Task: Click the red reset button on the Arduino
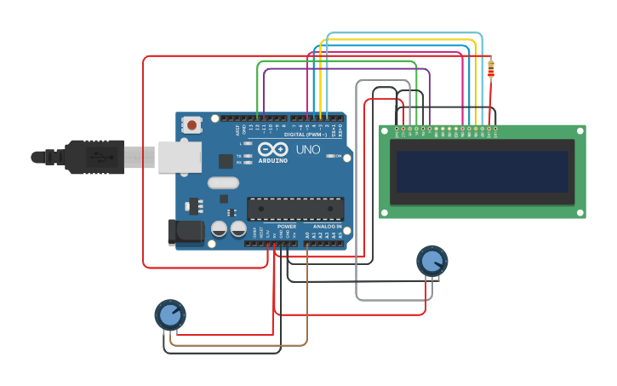click(191, 125)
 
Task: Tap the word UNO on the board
click(308, 150)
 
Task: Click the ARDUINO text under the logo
click(273, 160)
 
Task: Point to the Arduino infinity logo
click(273, 149)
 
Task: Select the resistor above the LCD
click(491, 69)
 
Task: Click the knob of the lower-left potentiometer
click(170, 314)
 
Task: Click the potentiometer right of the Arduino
click(431, 261)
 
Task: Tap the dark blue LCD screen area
click(482, 171)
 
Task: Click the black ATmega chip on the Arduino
click(295, 209)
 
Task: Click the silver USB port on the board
click(180, 157)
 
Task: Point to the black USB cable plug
click(94, 157)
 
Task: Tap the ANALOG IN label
click(327, 227)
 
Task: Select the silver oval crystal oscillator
click(223, 182)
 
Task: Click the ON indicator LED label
click(338, 156)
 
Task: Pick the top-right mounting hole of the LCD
click(580, 130)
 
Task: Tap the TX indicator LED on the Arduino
click(247, 156)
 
